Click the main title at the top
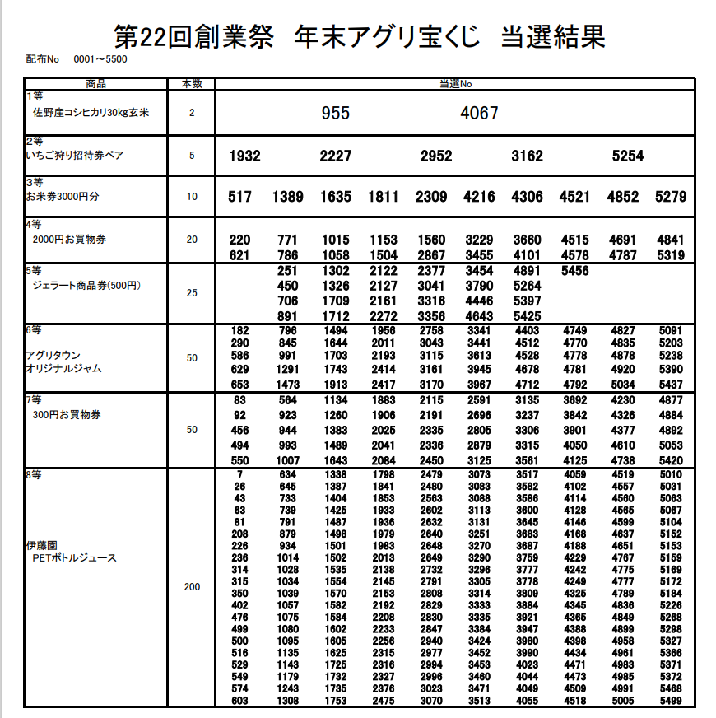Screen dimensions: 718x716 click(x=360, y=37)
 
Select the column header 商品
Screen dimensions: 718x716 click(x=96, y=83)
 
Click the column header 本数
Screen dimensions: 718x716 click(x=192, y=83)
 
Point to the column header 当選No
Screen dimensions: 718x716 click(x=455, y=83)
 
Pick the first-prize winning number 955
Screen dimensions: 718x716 click(x=336, y=113)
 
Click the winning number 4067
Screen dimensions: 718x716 click(x=479, y=113)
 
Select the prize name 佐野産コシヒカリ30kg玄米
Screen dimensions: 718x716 click(x=91, y=113)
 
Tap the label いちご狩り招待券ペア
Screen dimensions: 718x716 click(x=75, y=156)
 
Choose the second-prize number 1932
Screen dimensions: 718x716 click(x=244, y=156)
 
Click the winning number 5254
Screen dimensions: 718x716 click(x=628, y=156)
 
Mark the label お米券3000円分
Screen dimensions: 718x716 click(x=63, y=198)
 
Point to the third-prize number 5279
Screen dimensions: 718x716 click(x=671, y=197)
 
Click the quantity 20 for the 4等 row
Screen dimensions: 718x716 click(x=192, y=240)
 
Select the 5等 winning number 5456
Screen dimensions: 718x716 click(x=574, y=270)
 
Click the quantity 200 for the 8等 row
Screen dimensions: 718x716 click(x=192, y=588)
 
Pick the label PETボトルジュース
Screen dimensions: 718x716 click(x=74, y=558)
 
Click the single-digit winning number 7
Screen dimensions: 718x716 click(x=239, y=474)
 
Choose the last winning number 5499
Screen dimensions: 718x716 click(x=671, y=701)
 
